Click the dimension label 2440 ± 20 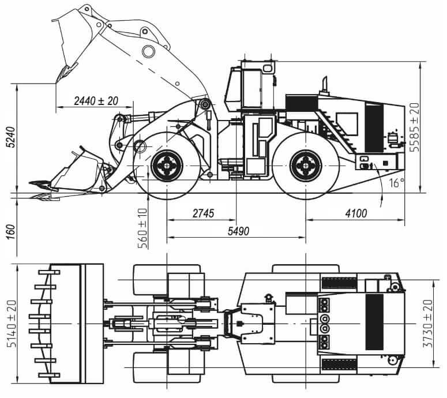pos(96,101)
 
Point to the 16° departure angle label pos(394,184)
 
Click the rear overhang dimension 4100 pos(355,213)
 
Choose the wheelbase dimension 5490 pos(237,231)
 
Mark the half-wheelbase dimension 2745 pos(202,213)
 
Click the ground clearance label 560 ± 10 pos(142,226)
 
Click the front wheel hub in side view pos(167,166)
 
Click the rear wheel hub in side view pos(305,166)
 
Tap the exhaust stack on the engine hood pos(324,86)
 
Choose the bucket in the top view pos(72,324)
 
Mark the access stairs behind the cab pos(331,121)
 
